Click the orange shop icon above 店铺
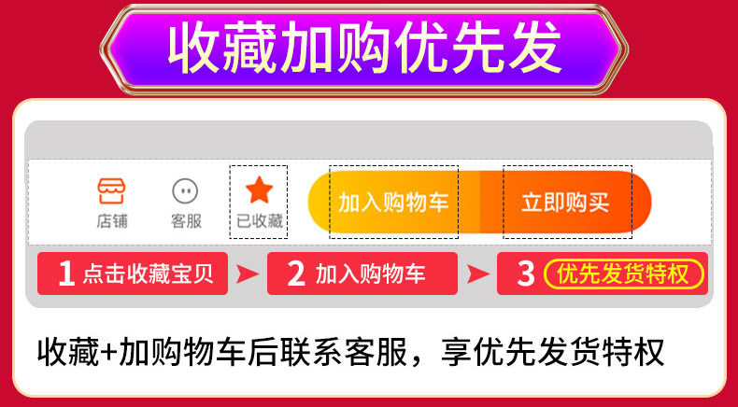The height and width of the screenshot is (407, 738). click(112, 191)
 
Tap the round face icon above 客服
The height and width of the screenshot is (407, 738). click(185, 191)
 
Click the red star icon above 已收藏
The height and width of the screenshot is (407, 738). click(259, 190)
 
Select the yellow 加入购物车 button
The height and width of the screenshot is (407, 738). click(393, 202)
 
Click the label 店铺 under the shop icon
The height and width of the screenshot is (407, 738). click(112, 221)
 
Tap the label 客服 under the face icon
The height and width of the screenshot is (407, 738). click(185, 221)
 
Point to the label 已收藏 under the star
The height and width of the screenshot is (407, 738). click(259, 221)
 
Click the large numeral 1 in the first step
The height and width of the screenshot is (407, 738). click(65, 274)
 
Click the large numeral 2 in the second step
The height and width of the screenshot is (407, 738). click(296, 274)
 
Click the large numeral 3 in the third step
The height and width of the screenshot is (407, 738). click(526, 274)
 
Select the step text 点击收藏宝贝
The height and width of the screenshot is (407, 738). click(148, 274)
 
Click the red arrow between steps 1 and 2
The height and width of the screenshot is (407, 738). click(245, 274)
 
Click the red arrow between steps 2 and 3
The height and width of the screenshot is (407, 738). click(476, 274)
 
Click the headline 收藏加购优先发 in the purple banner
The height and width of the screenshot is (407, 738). click(364, 47)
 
